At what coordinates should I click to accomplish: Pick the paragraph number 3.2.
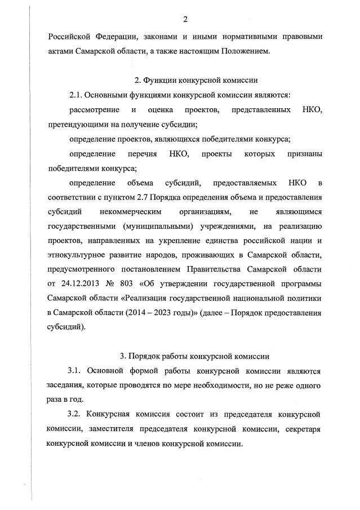point(74,414)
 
